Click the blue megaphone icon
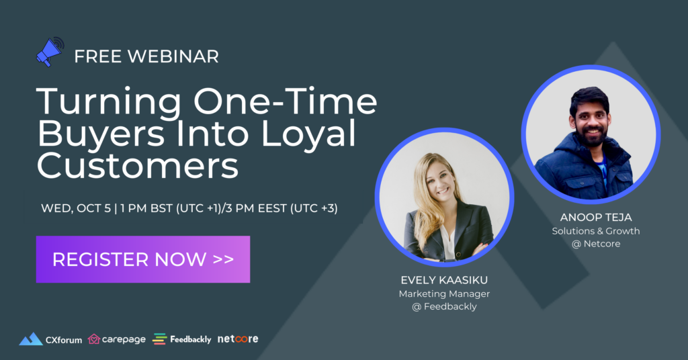pos(50,52)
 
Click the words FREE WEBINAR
pos(146,56)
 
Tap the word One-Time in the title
pos(285,101)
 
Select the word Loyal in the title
pos(308,134)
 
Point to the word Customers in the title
pos(138,165)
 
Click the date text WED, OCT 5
pos(76,208)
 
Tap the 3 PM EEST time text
pos(255,208)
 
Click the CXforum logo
pos(50,339)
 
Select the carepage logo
pos(117,339)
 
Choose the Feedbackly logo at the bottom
pos(181,339)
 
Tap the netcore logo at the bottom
pos(238,339)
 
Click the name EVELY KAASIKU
pos(444,280)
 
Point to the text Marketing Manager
pos(444,294)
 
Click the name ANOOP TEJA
pos(596,218)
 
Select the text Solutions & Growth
pos(596,231)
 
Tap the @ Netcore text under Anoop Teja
pos(596,244)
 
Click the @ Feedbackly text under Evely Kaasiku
pos(444,306)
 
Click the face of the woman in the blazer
pos(440,180)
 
